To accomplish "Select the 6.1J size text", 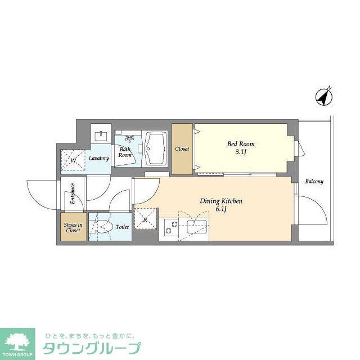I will coord(220,209).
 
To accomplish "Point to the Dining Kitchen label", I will coord(221,201).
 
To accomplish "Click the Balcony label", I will coord(314,182).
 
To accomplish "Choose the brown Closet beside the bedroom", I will coord(182,149).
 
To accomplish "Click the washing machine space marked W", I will coord(74,159).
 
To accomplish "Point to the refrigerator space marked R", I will coord(145,219).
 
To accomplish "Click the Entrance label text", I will coord(73,193).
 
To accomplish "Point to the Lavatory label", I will coord(98,158).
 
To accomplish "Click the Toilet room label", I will coord(122,227).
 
